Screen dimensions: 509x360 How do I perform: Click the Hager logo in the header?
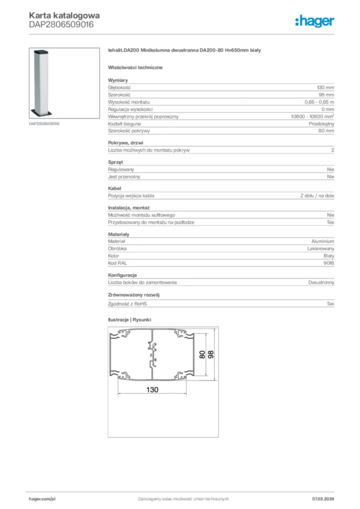point(315,21)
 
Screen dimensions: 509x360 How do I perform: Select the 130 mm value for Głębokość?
point(325,87)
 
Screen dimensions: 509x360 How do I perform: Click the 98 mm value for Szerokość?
point(326,94)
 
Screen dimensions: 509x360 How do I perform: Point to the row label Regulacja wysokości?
point(130,109)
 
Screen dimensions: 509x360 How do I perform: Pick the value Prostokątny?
point(321,123)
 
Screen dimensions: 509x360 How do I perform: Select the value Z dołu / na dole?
point(317,196)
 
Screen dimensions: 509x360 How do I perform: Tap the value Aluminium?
point(323,241)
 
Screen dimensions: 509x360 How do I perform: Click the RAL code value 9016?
point(328,263)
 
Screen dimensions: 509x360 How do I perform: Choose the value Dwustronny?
point(321,282)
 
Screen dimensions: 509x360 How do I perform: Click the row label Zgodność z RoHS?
point(128,303)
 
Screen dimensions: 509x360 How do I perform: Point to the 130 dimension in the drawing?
point(152,390)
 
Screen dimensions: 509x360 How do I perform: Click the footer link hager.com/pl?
point(42,499)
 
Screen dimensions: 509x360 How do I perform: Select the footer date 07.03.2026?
point(323,499)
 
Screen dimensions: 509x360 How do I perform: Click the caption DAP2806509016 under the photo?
point(44,124)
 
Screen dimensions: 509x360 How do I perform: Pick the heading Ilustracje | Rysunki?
point(129,320)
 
